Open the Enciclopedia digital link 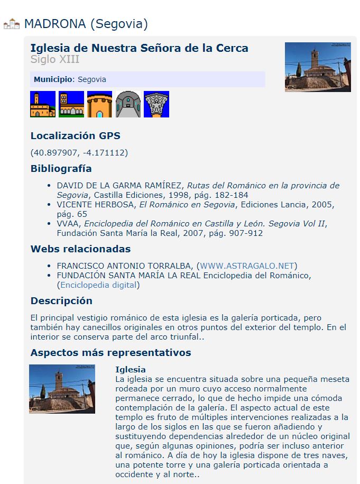click(99, 285)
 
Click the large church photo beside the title click(318, 67)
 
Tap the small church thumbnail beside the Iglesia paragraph click(62, 389)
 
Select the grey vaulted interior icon click(128, 104)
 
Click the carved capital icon click(156, 104)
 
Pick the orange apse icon click(99, 104)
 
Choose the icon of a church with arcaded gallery click(71, 104)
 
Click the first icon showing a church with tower click(43, 104)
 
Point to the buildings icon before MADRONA click(12, 24)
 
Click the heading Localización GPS click(75, 136)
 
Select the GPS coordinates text click(79, 153)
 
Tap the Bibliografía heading click(61, 169)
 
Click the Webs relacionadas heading click(80, 249)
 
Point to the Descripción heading click(61, 301)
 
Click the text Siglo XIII click(55, 59)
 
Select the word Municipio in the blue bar click(53, 79)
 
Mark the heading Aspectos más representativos click(110, 353)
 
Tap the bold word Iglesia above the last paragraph click(130, 369)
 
